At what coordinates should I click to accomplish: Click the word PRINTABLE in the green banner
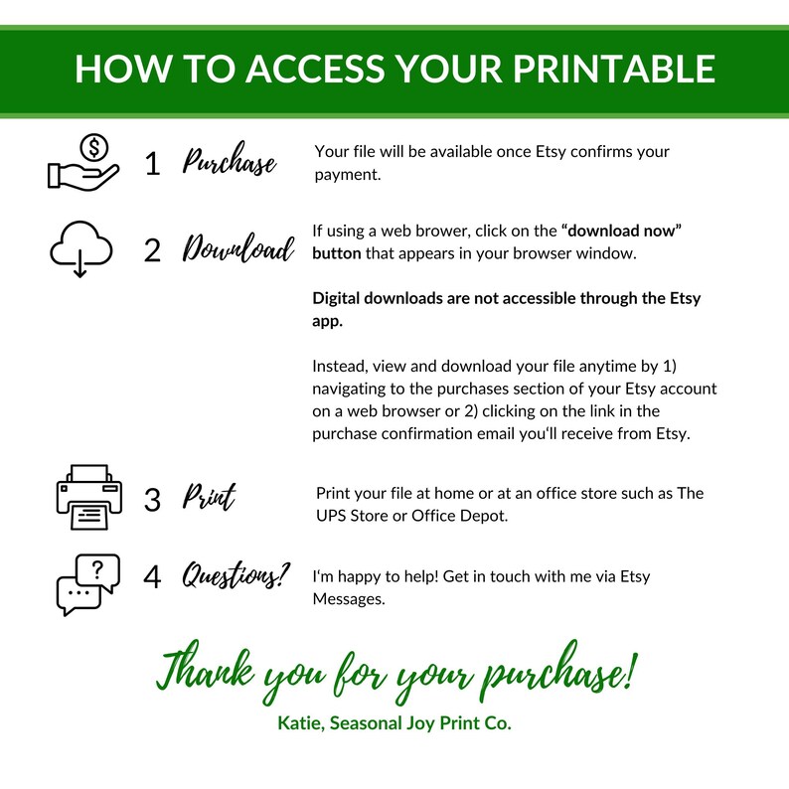(614, 68)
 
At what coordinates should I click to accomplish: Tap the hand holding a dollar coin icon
(83, 162)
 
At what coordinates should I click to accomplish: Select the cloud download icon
(81, 248)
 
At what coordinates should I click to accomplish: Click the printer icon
(89, 497)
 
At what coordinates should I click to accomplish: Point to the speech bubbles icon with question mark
(88, 584)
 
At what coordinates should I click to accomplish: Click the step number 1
(152, 164)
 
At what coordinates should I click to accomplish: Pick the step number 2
(152, 250)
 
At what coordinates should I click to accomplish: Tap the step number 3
(152, 500)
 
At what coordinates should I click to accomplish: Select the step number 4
(152, 576)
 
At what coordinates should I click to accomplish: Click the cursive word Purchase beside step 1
(229, 160)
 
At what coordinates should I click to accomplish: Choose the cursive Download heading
(238, 247)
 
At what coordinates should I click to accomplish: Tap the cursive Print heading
(209, 496)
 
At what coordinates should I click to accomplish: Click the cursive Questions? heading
(236, 574)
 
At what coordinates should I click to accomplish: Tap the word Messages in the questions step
(349, 599)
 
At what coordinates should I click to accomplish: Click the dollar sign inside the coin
(94, 148)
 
